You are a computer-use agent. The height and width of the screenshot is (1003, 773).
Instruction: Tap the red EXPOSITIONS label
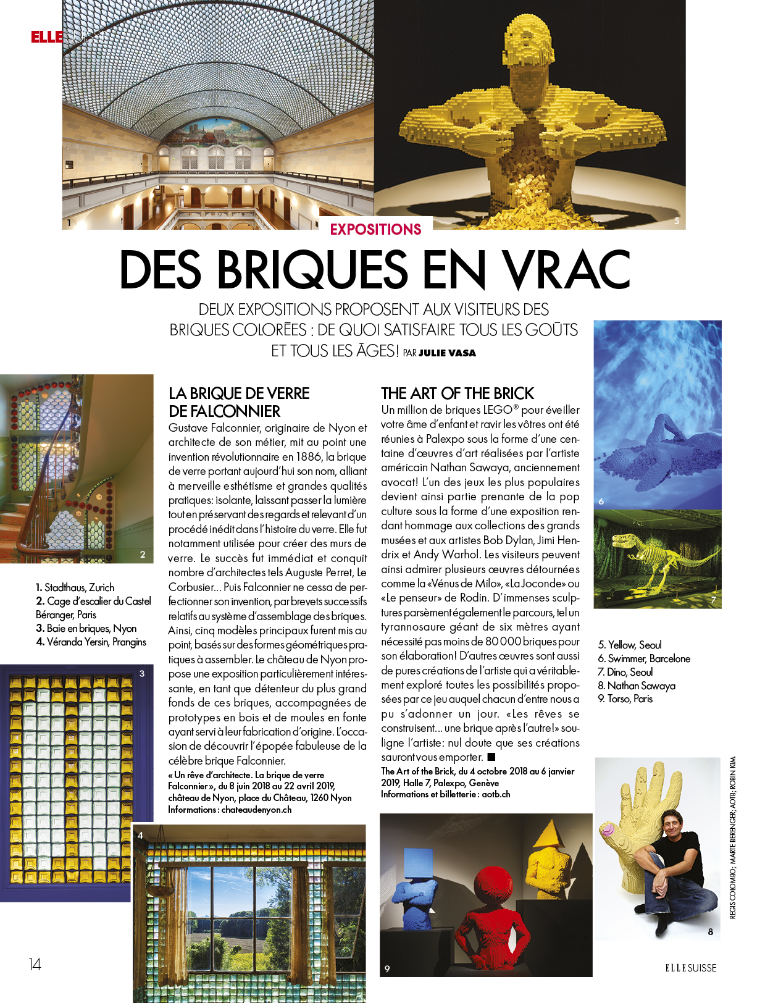pyautogui.click(x=375, y=229)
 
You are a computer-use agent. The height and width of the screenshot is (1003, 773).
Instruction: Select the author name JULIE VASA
pyautogui.click(x=447, y=353)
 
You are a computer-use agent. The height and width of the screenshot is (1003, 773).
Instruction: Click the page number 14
pyautogui.click(x=35, y=964)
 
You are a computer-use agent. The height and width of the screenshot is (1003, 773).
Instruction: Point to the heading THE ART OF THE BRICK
pyautogui.click(x=457, y=393)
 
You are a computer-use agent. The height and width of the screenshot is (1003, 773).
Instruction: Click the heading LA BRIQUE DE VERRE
pyautogui.click(x=239, y=393)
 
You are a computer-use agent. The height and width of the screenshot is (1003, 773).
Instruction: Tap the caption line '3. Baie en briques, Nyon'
pyautogui.click(x=86, y=628)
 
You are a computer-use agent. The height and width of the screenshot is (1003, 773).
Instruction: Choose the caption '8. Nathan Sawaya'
pyautogui.click(x=637, y=686)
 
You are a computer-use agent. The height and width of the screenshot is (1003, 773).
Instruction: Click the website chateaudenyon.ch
pyautogui.click(x=256, y=810)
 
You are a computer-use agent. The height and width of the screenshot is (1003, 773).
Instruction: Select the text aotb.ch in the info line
pyautogui.click(x=496, y=794)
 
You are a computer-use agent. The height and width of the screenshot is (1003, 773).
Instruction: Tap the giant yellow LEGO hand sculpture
pyautogui.click(x=636, y=821)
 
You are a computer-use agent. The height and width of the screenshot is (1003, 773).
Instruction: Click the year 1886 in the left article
pyautogui.click(x=302, y=457)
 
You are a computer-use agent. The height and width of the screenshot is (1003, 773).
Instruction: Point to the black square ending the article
pyautogui.click(x=491, y=757)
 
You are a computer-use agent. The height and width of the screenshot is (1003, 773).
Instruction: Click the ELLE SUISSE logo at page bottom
pyautogui.click(x=690, y=968)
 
